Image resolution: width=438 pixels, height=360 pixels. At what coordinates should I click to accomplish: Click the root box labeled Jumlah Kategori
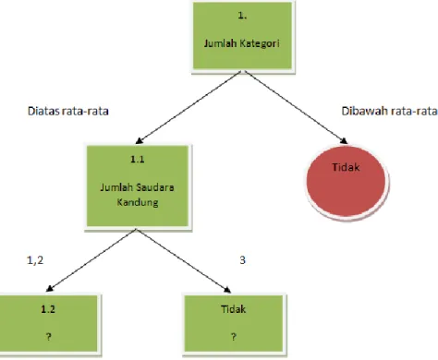(x=242, y=36)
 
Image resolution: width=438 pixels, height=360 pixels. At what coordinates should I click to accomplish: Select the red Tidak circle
(x=346, y=182)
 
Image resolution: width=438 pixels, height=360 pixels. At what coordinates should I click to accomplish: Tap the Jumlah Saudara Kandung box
(x=138, y=186)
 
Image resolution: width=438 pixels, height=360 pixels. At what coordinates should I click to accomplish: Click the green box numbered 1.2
(x=49, y=323)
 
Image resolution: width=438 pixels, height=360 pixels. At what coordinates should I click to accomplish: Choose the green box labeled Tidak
(x=234, y=323)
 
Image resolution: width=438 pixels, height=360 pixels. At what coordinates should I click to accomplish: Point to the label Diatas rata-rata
(x=68, y=111)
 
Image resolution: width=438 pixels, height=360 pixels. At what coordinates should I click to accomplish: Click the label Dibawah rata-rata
(x=389, y=111)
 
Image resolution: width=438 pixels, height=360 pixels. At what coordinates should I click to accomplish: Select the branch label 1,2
(x=35, y=260)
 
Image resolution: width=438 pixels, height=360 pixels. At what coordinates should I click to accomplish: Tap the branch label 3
(x=242, y=260)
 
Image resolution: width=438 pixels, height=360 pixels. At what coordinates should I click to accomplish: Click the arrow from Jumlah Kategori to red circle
(x=296, y=107)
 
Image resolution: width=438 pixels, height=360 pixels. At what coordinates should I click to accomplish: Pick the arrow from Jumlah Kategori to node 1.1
(x=189, y=107)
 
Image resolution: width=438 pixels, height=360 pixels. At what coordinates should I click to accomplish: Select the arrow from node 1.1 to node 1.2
(x=91, y=260)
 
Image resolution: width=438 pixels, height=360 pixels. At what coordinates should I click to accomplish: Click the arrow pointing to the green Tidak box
(x=184, y=260)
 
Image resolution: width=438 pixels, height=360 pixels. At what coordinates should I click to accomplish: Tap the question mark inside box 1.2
(x=49, y=337)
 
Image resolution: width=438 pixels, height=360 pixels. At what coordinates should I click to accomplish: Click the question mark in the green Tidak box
(x=234, y=337)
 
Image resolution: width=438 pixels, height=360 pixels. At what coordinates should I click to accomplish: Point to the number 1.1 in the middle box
(x=138, y=159)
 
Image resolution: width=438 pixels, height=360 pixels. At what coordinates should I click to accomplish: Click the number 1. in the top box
(x=242, y=16)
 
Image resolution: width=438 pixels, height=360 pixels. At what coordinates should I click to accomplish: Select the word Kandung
(x=138, y=202)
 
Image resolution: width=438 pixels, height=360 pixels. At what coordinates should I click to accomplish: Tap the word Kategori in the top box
(x=260, y=43)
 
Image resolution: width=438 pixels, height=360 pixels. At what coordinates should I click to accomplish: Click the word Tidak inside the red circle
(x=346, y=167)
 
